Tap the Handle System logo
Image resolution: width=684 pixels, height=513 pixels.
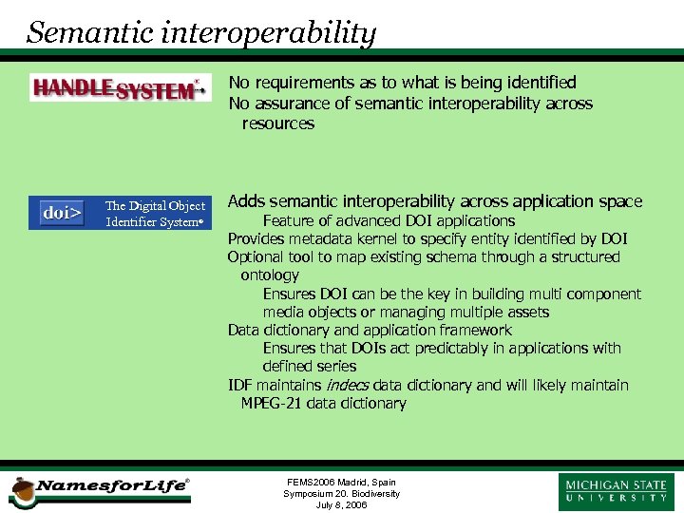tap(119, 88)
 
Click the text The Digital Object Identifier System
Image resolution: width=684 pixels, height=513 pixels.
tap(155, 214)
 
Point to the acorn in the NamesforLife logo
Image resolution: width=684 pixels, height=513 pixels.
tap(21, 491)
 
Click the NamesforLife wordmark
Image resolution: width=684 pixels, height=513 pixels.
tap(112, 486)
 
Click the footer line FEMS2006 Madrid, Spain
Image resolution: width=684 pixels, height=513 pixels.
tap(341, 482)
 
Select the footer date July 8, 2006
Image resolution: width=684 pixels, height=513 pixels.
tap(341, 505)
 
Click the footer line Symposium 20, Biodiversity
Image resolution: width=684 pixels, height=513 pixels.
tap(341, 494)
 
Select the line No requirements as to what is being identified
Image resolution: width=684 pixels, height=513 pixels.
tap(402, 83)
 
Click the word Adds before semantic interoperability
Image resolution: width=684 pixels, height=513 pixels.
tap(247, 201)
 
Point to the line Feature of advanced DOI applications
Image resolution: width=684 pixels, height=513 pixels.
tap(389, 220)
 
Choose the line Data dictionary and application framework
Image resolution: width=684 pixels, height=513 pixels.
tap(370, 331)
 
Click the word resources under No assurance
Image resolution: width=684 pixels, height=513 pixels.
tap(277, 123)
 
